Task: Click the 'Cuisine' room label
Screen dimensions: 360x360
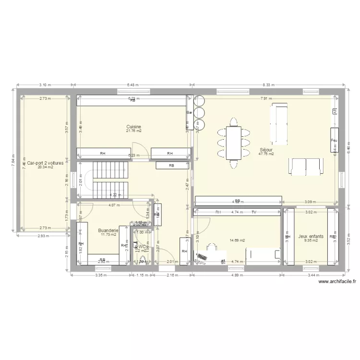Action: click(x=133, y=127)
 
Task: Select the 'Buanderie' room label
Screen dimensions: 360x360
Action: click(x=108, y=230)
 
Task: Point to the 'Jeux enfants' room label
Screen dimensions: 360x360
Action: click(x=311, y=236)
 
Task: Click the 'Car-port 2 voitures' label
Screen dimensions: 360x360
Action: click(x=46, y=163)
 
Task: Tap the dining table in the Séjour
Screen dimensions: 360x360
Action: click(x=234, y=143)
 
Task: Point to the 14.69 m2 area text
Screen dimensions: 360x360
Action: click(x=237, y=240)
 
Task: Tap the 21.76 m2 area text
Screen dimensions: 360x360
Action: click(x=133, y=131)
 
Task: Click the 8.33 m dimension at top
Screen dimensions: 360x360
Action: click(x=268, y=85)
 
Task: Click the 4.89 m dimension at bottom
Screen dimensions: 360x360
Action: click(x=237, y=276)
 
